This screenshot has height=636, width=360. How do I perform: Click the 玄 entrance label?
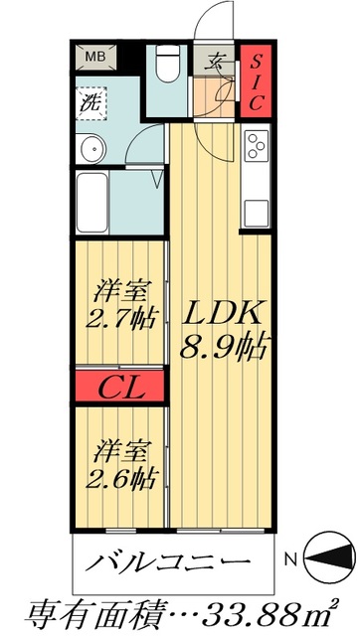coord(215,59)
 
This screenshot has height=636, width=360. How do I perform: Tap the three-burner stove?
coord(257,145)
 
